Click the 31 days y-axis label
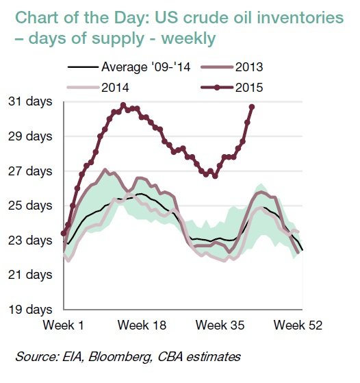coord(29,101)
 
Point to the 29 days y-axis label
coord(29,136)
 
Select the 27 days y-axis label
coord(29,171)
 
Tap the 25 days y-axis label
coord(29,206)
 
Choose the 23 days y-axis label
coord(29,240)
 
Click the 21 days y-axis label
coord(29,275)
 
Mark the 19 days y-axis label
coord(29,310)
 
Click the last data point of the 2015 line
coord(252,107)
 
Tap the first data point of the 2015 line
coord(64,234)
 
